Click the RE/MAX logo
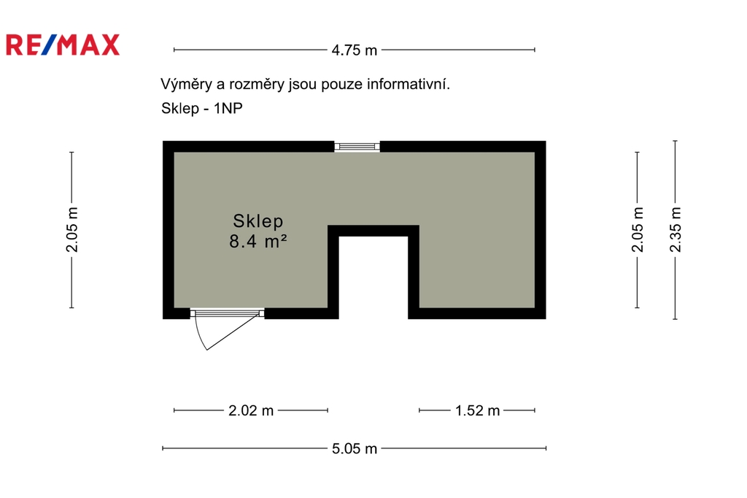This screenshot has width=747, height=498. (x=63, y=45)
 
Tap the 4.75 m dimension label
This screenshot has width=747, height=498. (x=354, y=50)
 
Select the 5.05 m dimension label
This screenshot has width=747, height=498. (x=354, y=449)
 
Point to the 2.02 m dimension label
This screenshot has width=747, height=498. (x=251, y=410)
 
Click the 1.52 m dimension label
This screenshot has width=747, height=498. (x=477, y=410)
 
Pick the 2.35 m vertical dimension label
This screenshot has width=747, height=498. (x=676, y=229)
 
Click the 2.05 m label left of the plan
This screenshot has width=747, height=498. (x=72, y=229)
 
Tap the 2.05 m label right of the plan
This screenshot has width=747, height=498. (x=638, y=229)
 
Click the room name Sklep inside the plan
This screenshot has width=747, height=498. (x=258, y=221)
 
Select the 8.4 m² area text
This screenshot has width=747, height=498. (x=258, y=242)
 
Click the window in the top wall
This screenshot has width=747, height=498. (x=357, y=147)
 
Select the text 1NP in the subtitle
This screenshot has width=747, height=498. (x=228, y=108)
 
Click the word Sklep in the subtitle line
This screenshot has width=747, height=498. (x=180, y=109)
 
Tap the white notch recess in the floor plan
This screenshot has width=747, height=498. (x=373, y=277)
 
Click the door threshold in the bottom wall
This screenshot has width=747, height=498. (x=228, y=313)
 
